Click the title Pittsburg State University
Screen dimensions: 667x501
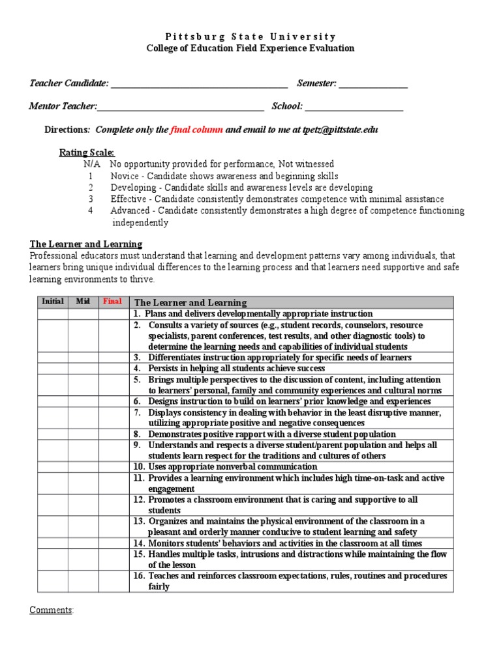coord(250,36)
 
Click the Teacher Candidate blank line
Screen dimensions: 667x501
coord(199,83)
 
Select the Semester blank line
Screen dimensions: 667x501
coord(373,83)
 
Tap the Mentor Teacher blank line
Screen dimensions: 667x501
coord(181,106)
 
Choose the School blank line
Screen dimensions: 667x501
coord(354,106)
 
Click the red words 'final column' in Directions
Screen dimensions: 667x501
coord(196,130)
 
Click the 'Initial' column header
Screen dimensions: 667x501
coord(53,302)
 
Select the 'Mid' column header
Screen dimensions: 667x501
coord(83,302)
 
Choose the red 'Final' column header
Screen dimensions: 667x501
coord(112,302)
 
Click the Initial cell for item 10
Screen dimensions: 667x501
coord(53,466)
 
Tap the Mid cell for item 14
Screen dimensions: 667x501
coord(83,543)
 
